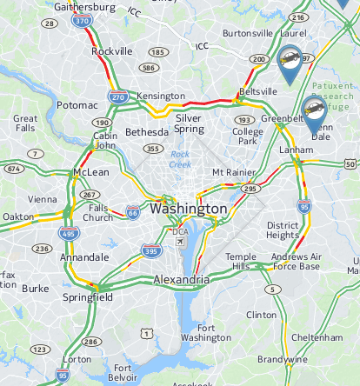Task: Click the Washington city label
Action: click(x=189, y=210)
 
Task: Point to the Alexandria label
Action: click(x=181, y=280)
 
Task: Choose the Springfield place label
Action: click(x=88, y=297)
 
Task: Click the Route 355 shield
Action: click(x=154, y=149)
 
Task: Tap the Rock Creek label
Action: click(x=180, y=159)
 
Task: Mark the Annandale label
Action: click(x=85, y=257)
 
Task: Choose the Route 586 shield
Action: click(x=150, y=68)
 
